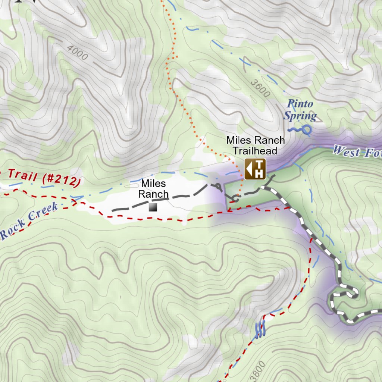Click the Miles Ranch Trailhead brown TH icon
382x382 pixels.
click(x=255, y=169)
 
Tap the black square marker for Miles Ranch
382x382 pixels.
click(x=153, y=207)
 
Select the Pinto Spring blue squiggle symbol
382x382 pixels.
click(x=300, y=130)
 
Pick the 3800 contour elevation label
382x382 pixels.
click(x=259, y=371)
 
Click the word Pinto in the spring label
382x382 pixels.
click(x=300, y=104)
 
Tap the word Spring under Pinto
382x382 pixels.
click(x=300, y=116)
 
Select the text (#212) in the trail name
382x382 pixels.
click(x=62, y=179)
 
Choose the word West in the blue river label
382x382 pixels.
click(x=346, y=151)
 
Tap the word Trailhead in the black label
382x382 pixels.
click(x=255, y=151)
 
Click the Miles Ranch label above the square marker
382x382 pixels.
click(x=153, y=189)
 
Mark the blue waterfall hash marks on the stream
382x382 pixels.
click(x=260, y=328)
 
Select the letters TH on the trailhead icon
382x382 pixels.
click(x=259, y=169)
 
